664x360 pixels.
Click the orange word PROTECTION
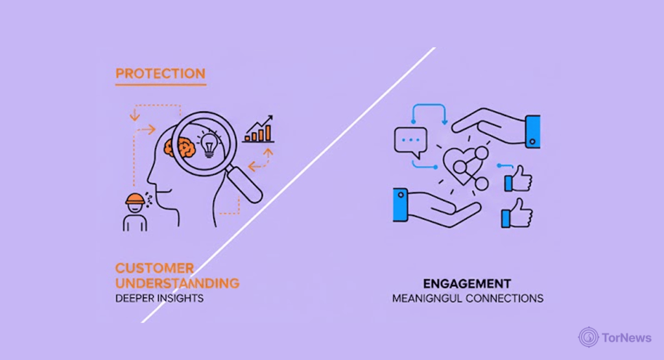160,73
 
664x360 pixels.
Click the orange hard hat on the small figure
134,198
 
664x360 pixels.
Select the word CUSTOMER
154,268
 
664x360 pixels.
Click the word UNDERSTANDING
177,283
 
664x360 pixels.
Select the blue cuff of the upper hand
532,129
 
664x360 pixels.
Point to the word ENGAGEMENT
467,284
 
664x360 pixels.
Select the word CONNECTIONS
506,298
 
